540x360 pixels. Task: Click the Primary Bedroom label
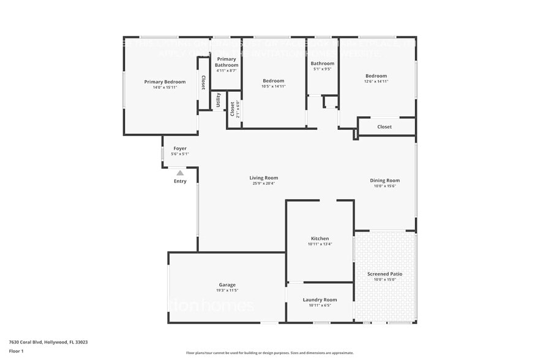click(x=165, y=81)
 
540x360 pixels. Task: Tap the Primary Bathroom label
click(x=227, y=62)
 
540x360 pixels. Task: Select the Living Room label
click(x=263, y=178)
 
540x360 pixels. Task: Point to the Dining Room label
click(x=384, y=181)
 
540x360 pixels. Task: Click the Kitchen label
click(x=320, y=239)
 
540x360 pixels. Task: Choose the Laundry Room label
click(x=320, y=300)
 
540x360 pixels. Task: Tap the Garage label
click(x=227, y=285)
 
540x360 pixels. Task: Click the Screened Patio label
click(x=384, y=274)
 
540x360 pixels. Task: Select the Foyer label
click(x=180, y=148)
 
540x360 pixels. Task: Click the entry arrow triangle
click(x=180, y=173)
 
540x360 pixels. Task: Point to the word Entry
click(x=180, y=181)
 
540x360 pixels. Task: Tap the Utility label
click(x=219, y=100)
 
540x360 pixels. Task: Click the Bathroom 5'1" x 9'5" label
click(x=322, y=64)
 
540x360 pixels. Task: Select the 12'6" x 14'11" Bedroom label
click(x=376, y=76)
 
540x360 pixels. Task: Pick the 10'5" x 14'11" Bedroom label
click(x=274, y=81)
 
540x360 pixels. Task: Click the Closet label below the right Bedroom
click(x=384, y=127)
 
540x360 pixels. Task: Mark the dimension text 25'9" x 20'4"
click(x=263, y=184)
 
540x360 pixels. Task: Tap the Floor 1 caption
click(x=17, y=351)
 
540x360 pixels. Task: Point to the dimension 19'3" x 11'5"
click(x=227, y=290)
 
